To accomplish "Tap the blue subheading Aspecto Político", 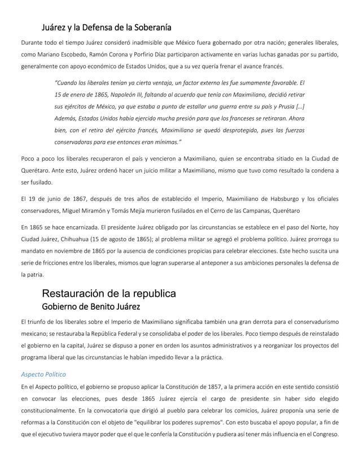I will [x=43, y=373].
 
